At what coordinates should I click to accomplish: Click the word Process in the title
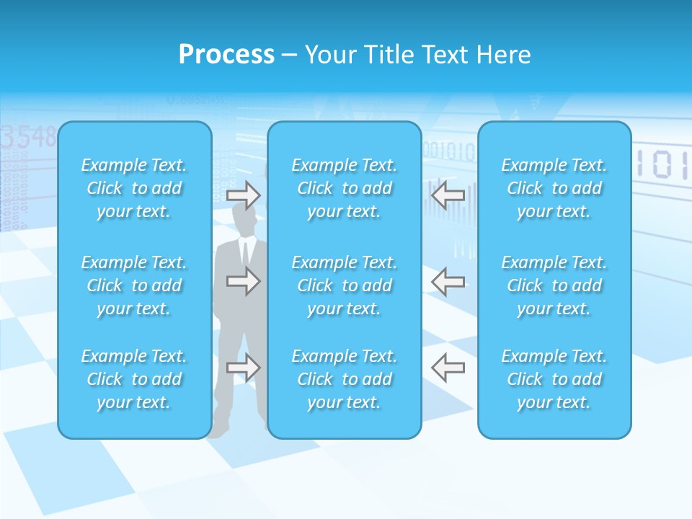(226, 55)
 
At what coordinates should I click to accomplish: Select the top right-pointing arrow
(244, 195)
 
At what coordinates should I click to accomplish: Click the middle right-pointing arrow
(244, 281)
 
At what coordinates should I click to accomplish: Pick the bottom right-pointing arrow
(244, 368)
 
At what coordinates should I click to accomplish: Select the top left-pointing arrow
(448, 195)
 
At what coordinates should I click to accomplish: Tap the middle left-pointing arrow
(448, 281)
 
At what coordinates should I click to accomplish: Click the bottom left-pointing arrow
(448, 368)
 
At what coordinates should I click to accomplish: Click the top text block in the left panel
(134, 188)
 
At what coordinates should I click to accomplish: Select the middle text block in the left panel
(134, 285)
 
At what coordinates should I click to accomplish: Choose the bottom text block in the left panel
(134, 379)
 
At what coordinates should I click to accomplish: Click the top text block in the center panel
(345, 188)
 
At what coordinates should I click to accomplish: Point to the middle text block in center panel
(345, 285)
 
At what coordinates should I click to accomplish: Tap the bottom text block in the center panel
(345, 379)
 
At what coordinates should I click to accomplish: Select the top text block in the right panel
(554, 188)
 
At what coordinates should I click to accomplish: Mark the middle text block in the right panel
(554, 285)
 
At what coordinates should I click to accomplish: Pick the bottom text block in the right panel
(554, 379)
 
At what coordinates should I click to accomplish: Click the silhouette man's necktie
(245, 254)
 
